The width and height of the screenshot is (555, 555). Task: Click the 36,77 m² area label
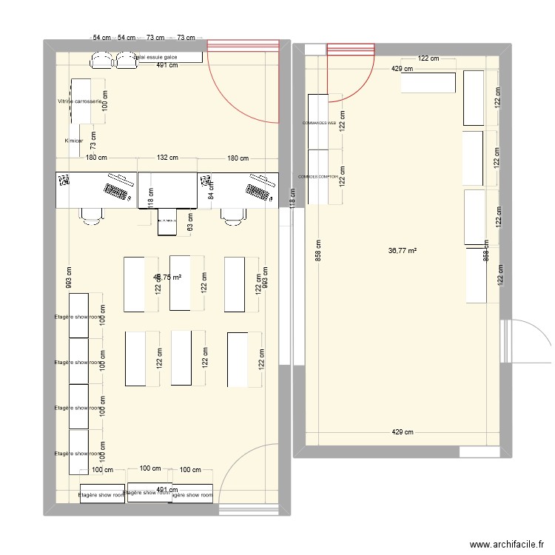(403, 251)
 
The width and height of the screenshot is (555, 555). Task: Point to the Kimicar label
(73, 141)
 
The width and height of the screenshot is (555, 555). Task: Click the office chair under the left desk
(92, 215)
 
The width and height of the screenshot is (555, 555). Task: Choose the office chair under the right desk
(232, 215)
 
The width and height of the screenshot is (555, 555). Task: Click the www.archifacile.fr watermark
(509, 543)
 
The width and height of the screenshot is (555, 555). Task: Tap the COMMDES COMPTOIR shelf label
(318, 177)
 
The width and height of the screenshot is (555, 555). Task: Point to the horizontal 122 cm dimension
(428, 58)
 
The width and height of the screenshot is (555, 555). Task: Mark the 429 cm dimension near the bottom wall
(403, 433)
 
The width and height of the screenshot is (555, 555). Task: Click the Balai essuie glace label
(155, 56)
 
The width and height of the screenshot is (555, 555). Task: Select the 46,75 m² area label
(166, 277)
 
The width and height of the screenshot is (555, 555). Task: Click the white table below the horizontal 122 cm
(428, 83)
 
